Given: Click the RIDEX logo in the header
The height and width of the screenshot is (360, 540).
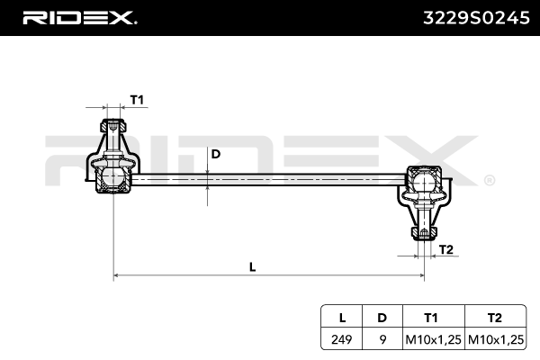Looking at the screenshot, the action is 78,17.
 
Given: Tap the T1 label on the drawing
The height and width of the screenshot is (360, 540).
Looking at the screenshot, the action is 138,99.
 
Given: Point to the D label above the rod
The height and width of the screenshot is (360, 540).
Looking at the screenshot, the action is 215,154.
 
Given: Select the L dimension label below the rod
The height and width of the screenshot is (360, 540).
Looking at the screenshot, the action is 252,265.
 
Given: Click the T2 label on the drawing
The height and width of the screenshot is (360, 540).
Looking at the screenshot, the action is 446,249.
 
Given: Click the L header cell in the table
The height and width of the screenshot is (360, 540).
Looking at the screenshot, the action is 342,318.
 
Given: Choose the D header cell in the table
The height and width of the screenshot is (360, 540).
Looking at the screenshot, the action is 382,318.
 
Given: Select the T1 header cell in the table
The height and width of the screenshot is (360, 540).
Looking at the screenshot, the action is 431,318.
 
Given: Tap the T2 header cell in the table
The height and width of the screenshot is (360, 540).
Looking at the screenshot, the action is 494,318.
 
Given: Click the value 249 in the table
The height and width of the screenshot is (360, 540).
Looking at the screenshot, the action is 342,338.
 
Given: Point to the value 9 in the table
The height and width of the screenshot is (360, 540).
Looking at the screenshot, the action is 382,338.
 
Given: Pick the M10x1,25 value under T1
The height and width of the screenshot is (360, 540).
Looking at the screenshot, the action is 431,338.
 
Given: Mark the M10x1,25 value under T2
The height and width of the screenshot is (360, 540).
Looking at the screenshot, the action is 494,338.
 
